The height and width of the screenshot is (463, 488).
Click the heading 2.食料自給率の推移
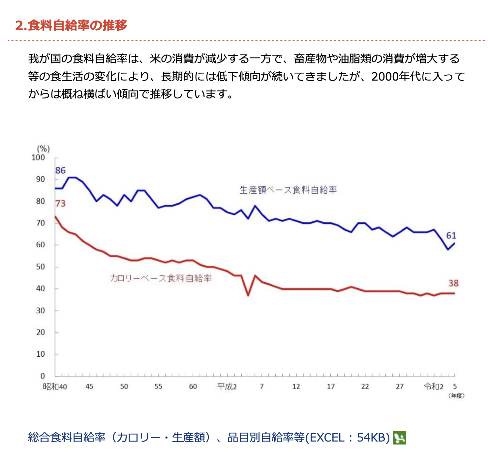(71, 25)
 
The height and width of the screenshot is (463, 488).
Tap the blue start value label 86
(60, 170)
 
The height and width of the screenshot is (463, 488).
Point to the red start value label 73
(60, 203)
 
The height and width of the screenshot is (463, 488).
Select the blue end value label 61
(451, 235)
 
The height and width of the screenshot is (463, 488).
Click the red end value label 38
(453, 283)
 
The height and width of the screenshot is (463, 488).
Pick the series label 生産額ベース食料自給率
(288, 190)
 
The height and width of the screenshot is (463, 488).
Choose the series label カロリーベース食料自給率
(161, 278)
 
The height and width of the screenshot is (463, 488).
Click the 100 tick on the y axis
(38, 158)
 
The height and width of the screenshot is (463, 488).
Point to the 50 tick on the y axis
(40, 267)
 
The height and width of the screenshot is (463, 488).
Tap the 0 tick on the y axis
(43, 376)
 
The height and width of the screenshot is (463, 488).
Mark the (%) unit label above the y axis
(43, 149)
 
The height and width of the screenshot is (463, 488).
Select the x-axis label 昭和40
(55, 386)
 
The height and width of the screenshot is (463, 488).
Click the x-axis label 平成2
(227, 386)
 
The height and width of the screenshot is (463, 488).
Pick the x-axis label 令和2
(434, 386)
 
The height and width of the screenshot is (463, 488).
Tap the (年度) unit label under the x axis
(456, 396)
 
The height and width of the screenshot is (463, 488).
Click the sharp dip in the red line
(248, 295)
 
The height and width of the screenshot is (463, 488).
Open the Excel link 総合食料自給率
(209, 438)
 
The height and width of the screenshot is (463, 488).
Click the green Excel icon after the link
(399, 438)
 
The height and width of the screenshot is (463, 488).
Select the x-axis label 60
(193, 386)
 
